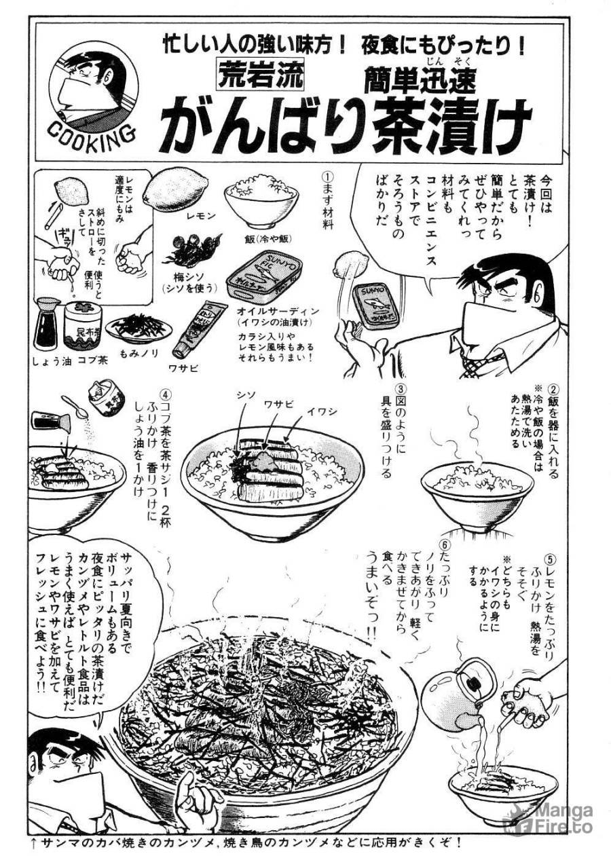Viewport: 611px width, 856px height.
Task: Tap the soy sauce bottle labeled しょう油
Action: [x=49, y=324]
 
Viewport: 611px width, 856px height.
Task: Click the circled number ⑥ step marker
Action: [x=445, y=546]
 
